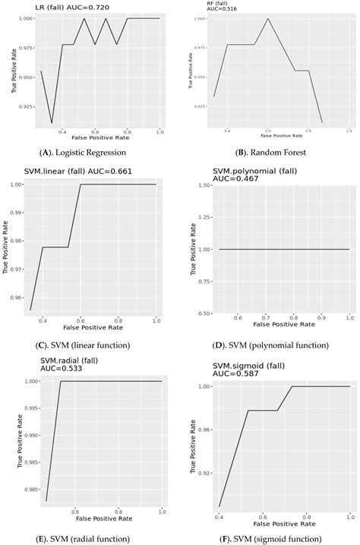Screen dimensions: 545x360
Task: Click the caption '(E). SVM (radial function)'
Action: point(90,536)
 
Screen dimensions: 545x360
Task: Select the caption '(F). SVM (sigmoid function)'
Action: point(271,536)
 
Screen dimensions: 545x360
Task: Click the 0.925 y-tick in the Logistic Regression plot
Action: point(24,106)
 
